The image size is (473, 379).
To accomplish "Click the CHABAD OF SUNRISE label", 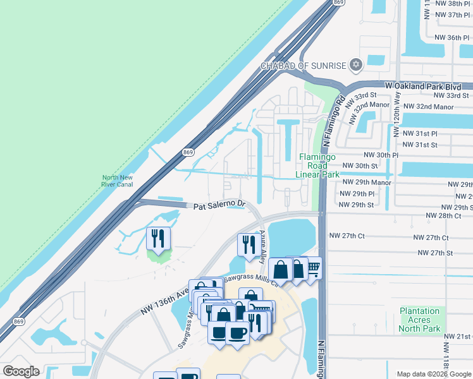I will click(x=304, y=66).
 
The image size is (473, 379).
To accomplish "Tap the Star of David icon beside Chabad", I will click(x=355, y=65).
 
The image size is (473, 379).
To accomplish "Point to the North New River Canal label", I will click(x=117, y=181).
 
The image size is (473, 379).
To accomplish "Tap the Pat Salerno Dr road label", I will click(x=219, y=205).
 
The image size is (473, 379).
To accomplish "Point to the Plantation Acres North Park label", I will click(x=420, y=320).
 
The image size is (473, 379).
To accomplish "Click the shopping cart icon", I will click(x=312, y=268).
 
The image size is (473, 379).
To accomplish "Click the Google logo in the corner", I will click(x=21, y=371).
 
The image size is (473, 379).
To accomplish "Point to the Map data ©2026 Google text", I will click(x=434, y=374).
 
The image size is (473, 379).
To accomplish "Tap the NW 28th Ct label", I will click(x=441, y=215).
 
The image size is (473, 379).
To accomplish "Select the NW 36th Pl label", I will click(x=453, y=37).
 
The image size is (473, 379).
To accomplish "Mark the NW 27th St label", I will click(x=436, y=253).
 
